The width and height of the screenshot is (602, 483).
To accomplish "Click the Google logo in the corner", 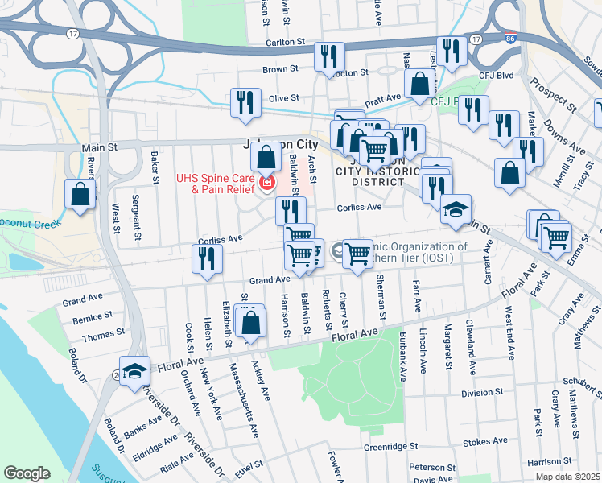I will (27, 473).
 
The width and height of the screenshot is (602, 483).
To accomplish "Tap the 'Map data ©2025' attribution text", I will (567, 477).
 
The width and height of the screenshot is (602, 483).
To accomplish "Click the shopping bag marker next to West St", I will (80, 194).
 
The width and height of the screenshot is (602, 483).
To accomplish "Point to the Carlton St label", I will (286, 41).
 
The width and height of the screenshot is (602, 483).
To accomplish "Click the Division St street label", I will (482, 394).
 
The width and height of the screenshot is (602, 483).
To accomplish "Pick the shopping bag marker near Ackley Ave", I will (252, 323).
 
